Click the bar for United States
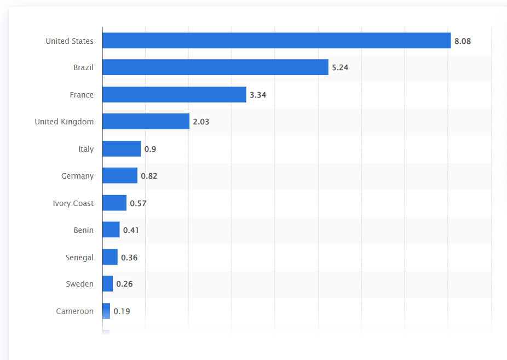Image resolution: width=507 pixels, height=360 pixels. pyautogui.click(x=276, y=41)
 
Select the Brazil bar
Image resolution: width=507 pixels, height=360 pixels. pyautogui.click(x=215, y=67)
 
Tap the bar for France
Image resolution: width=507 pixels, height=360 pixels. pyautogui.click(x=174, y=95)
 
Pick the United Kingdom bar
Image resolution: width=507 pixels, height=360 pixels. pyautogui.click(x=146, y=122)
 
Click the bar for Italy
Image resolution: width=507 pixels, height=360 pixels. pyautogui.click(x=122, y=149)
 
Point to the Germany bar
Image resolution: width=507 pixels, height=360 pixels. pyautogui.click(x=120, y=176)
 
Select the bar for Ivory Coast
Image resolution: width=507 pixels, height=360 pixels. pyautogui.click(x=114, y=203)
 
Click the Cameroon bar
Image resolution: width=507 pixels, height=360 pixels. pyautogui.click(x=106, y=311)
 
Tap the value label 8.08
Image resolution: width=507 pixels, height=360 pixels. pyautogui.click(x=463, y=41)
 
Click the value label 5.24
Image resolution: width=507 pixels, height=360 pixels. pyautogui.click(x=340, y=68)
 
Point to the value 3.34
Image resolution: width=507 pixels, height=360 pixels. pyautogui.click(x=258, y=95)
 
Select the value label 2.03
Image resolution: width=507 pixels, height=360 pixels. pyautogui.click(x=201, y=122)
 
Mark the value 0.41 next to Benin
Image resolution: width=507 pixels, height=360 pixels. pyautogui.click(x=131, y=230)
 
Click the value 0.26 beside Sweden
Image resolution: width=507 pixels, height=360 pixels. pyautogui.click(x=124, y=284)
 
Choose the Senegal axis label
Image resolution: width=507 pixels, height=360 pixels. pyautogui.click(x=79, y=258)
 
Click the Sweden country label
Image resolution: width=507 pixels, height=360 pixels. pyautogui.click(x=80, y=284)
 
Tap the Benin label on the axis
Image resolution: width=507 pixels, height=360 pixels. pyautogui.click(x=84, y=230)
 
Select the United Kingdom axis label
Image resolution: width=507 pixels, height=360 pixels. pyautogui.click(x=64, y=122)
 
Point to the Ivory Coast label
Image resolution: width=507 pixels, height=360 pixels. pyautogui.click(x=73, y=203)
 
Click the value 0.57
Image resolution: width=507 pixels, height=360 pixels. pyautogui.click(x=138, y=204)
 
